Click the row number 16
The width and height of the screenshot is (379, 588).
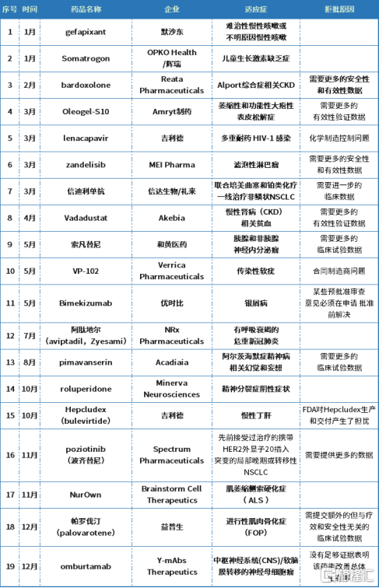(10, 454)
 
